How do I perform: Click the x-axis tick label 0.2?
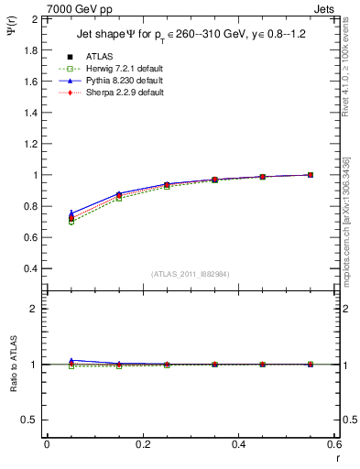click(x=142, y=443)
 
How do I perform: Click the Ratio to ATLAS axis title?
click(x=12, y=365)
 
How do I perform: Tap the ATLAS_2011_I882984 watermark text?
click(x=190, y=273)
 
